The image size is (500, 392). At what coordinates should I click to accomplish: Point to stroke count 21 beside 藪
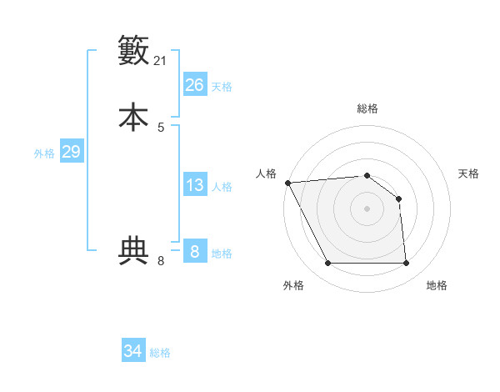(x=161, y=61)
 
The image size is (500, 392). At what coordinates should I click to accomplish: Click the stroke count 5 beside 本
(x=161, y=127)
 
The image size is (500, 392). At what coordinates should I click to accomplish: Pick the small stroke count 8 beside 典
(x=161, y=261)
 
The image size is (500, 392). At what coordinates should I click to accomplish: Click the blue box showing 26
(x=194, y=85)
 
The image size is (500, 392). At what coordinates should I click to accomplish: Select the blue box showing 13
(x=194, y=185)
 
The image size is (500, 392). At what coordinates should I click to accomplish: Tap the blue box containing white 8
(x=194, y=252)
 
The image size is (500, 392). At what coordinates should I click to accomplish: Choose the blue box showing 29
(x=71, y=152)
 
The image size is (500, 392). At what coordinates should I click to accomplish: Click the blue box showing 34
(x=132, y=352)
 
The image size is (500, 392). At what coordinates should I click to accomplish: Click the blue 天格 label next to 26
(x=222, y=87)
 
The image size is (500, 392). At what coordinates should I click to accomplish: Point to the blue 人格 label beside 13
(x=222, y=187)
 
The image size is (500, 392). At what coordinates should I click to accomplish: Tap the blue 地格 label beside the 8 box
(x=222, y=254)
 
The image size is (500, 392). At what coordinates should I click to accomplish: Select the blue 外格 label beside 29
(x=44, y=153)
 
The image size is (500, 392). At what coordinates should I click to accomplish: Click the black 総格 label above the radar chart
(x=367, y=108)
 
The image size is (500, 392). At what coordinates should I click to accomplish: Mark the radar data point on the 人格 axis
(x=287, y=183)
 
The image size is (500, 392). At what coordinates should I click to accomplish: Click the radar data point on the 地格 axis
(x=406, y=264)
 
